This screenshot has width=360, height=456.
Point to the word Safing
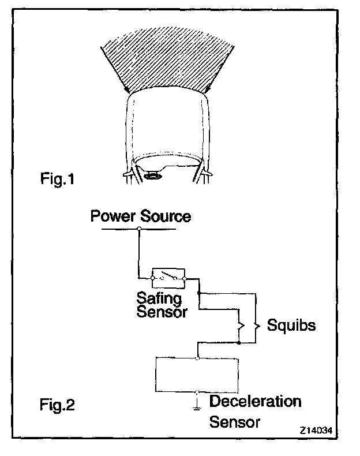coord(159,299)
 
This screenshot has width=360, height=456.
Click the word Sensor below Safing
coord(162,312)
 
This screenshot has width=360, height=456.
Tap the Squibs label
coord(291,325)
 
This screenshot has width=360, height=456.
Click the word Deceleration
coord(255,401)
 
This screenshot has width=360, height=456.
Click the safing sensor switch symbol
coord(168,278)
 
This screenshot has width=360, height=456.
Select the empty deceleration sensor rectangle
coord(197,375)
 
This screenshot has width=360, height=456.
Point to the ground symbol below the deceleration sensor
coord(197,401)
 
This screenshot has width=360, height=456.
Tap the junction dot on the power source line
coord(139,229)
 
